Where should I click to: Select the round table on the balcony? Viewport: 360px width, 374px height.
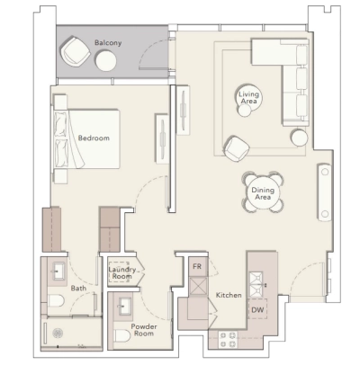[x=107, y=61]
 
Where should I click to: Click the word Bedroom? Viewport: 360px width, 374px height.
[x=94, y=138]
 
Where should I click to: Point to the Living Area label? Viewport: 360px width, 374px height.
[x=249, y=98]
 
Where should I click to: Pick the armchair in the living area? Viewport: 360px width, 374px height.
[x=237, y=147]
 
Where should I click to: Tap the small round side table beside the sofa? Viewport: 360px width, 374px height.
[x=297, y=138]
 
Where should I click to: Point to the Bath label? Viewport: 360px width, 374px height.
[x=79, y=288]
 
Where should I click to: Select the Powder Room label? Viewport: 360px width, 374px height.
[x=144, y=330]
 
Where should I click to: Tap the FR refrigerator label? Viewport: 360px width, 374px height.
[x=196, y=266]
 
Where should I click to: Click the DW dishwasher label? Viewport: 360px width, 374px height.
[x=256, y=310]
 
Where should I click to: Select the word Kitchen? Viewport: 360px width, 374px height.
[x=228, y=295]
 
